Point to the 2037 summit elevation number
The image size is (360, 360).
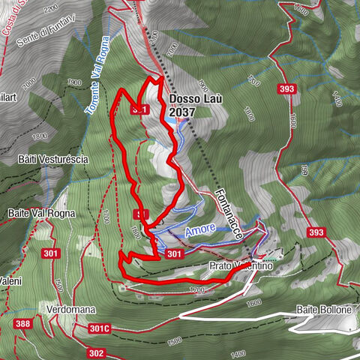[x=183, y=112]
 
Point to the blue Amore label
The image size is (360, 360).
[x=200, y=228]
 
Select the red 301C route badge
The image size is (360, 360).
[x=99, y=328]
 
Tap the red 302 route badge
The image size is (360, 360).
[x=95, y=352]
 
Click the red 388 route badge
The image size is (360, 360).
[x=22, y=324]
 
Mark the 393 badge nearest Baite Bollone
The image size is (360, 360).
[x=316, y=232]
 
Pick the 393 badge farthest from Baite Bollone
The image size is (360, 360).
[x=285, y=88]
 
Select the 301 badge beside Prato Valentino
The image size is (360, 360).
[x=173, y=254]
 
